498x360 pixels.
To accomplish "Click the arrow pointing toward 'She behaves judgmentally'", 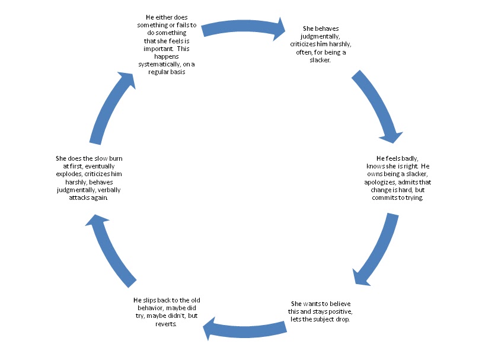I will point(243,27).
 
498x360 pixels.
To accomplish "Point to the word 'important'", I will point(154,49).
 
